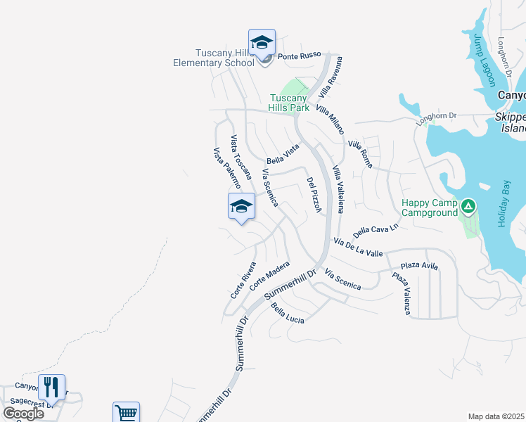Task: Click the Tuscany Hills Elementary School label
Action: click(214, 58)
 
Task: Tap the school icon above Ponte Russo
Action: click(262, 43)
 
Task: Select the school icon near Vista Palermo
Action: click(240, 207)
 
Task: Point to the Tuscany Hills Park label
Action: click(288, 103)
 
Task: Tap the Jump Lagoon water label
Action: click(484, 59)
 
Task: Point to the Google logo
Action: click(23, 414)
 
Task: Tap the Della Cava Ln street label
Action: click(376, 229)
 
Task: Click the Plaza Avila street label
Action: click(419, 266)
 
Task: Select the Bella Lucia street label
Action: click(288, 314)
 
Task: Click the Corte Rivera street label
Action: click(243, 280)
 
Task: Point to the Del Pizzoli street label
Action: click(314, 195)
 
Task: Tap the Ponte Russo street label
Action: click(299, 55)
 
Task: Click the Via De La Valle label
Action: click(359, 248)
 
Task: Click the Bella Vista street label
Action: click(283, 153)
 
